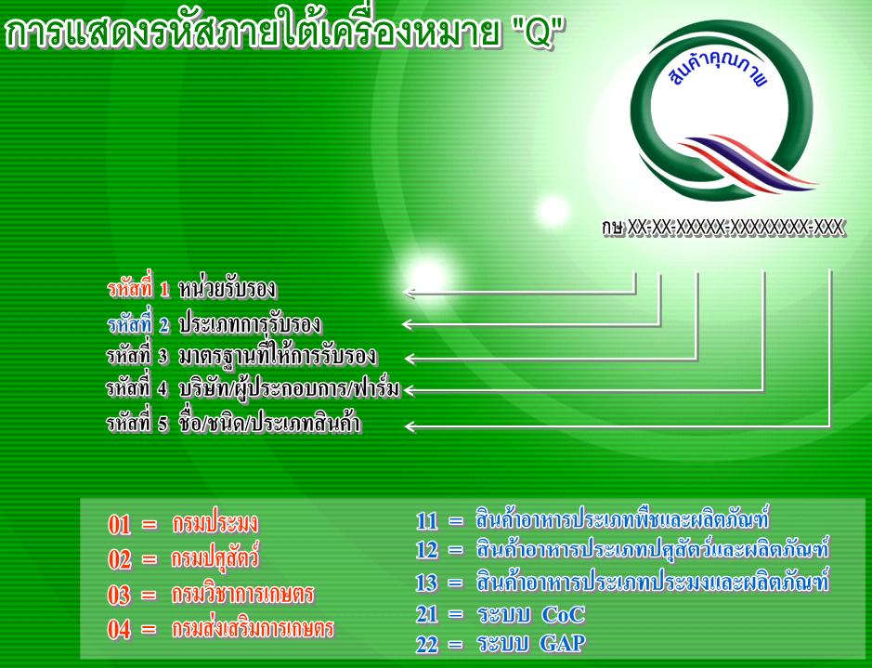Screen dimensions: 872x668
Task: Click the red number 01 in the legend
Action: coord(120,525)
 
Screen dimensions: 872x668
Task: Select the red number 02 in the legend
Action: coord(120,559)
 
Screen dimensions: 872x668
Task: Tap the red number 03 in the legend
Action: coord(120,595)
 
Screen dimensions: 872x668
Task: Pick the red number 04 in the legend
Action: coord(120,629)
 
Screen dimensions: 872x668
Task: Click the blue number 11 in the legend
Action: coord(427,520)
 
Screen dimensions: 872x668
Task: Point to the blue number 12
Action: coord(427,550)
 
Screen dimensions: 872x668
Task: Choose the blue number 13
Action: coord(427,583)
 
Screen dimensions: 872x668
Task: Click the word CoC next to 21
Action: coord(563,615)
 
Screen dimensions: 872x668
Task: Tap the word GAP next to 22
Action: coord(563,644)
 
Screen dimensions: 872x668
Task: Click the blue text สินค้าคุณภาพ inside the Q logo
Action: coord(718,70)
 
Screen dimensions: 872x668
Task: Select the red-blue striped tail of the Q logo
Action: coord(748,163)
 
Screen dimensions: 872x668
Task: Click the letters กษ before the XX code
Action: coord(612,228)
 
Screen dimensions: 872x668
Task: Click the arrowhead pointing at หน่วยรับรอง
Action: coord(410,292)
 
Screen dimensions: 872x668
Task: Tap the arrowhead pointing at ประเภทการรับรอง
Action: coord(409,323)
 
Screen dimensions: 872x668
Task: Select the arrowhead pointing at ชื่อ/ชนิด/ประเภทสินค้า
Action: coord(410,426)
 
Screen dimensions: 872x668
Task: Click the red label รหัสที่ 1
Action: coord(138,289)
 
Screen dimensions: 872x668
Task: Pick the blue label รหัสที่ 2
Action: coord(138,324)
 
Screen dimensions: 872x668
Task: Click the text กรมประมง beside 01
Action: coord(215,523)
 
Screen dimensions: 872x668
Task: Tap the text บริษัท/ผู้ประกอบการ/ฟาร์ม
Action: coord(289,388)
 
